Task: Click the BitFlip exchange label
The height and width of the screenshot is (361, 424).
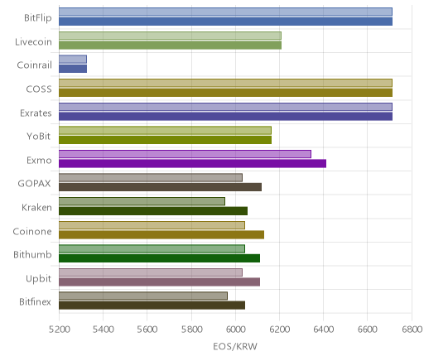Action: tap(38, 17)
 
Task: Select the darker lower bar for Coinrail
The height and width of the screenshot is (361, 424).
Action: tap(73, 69)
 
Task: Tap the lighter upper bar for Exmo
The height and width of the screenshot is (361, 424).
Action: tap(185, 154)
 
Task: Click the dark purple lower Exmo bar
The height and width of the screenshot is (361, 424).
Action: tap(192, 164)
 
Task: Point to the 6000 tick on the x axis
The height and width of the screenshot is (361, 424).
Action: tap(235, 330)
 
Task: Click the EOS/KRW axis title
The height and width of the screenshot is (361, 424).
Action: tap(235, 346)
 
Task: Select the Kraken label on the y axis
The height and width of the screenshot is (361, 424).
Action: tap(36, 207)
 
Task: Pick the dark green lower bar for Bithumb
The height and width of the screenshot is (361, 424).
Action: tap(159, 258)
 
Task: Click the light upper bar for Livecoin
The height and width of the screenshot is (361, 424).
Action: tap(170, 36)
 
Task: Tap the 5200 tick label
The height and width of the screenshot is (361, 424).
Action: tap(59, 330)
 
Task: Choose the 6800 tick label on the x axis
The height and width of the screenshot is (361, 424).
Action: tap(412, 330)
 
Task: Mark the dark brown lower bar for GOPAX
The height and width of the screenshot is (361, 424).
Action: tap(160, 187)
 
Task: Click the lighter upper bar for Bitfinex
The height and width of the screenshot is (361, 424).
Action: tap(143, 296)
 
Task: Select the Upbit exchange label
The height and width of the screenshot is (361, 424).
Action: tap(38, 279)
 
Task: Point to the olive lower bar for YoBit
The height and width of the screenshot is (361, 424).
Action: tap(165, 140)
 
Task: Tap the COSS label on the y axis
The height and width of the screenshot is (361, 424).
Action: tap(39, 89)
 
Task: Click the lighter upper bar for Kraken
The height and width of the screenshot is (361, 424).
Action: tap(142, 201)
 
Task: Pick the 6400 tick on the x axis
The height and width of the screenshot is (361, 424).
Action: tap(324, 330)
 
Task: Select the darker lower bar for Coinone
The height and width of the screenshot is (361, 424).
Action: tap(161, 235)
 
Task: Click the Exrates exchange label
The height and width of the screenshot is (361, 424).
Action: tap(36, 113)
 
